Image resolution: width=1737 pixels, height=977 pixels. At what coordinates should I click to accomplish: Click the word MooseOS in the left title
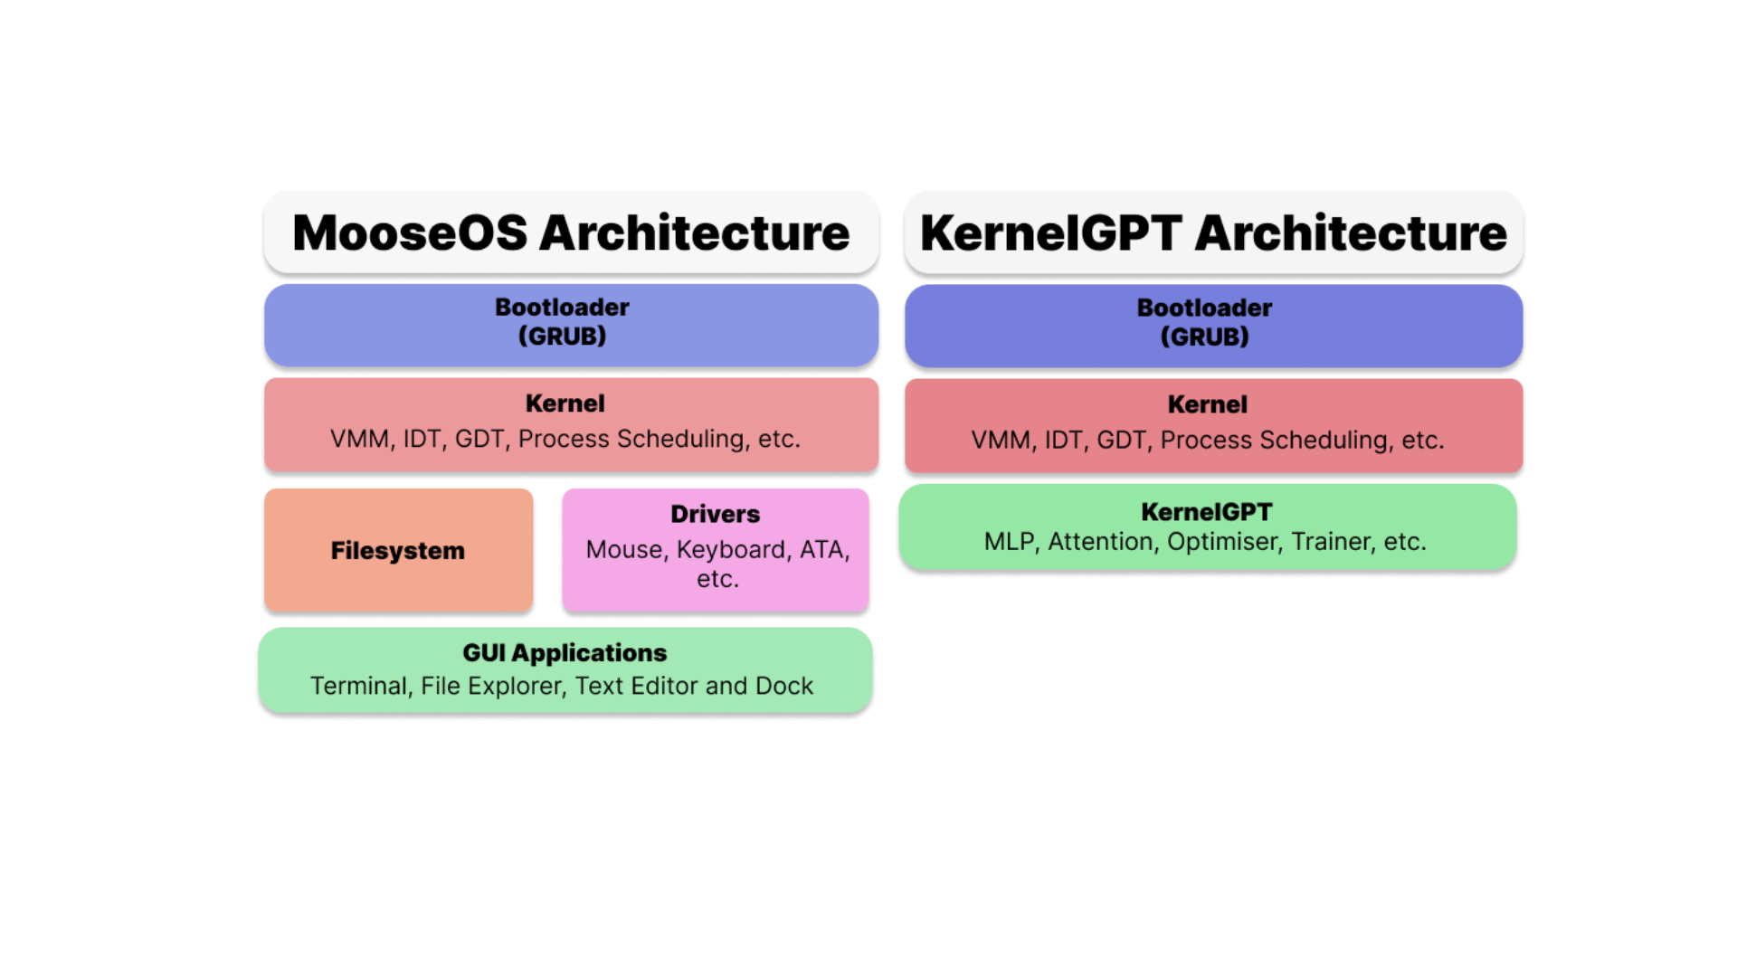410,232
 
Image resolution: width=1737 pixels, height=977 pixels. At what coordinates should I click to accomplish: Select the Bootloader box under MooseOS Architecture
571,326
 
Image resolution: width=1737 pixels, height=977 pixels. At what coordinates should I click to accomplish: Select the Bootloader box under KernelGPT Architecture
1213,327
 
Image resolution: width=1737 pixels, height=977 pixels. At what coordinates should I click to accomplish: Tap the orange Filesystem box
398,550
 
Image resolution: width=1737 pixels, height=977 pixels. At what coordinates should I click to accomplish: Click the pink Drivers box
715,550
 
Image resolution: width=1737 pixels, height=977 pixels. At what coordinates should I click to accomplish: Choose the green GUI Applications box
565,670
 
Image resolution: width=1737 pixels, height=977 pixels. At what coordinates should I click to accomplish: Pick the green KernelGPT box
1208,526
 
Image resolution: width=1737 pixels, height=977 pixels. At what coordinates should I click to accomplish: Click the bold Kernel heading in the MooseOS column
565,403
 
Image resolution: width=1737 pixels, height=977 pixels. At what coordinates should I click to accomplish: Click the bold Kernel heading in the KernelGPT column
1207,404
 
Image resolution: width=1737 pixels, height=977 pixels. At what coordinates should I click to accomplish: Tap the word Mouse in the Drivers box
623,550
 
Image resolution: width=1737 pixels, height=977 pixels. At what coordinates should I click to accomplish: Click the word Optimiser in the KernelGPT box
1224,542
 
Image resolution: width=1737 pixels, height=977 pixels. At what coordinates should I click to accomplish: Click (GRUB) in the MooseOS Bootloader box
562,337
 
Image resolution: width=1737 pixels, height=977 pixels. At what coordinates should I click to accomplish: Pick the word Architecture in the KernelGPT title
1351,232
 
